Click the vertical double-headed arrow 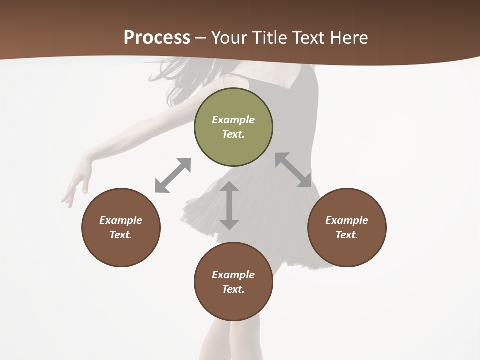(229, 205)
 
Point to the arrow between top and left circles (173, 175)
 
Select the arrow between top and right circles (293, 170)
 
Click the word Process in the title (157, 37)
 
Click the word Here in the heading (349, 37)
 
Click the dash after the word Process (201, 38)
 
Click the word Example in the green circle (233, 120)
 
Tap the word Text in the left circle (120, 235)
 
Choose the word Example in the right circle (347, 220)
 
